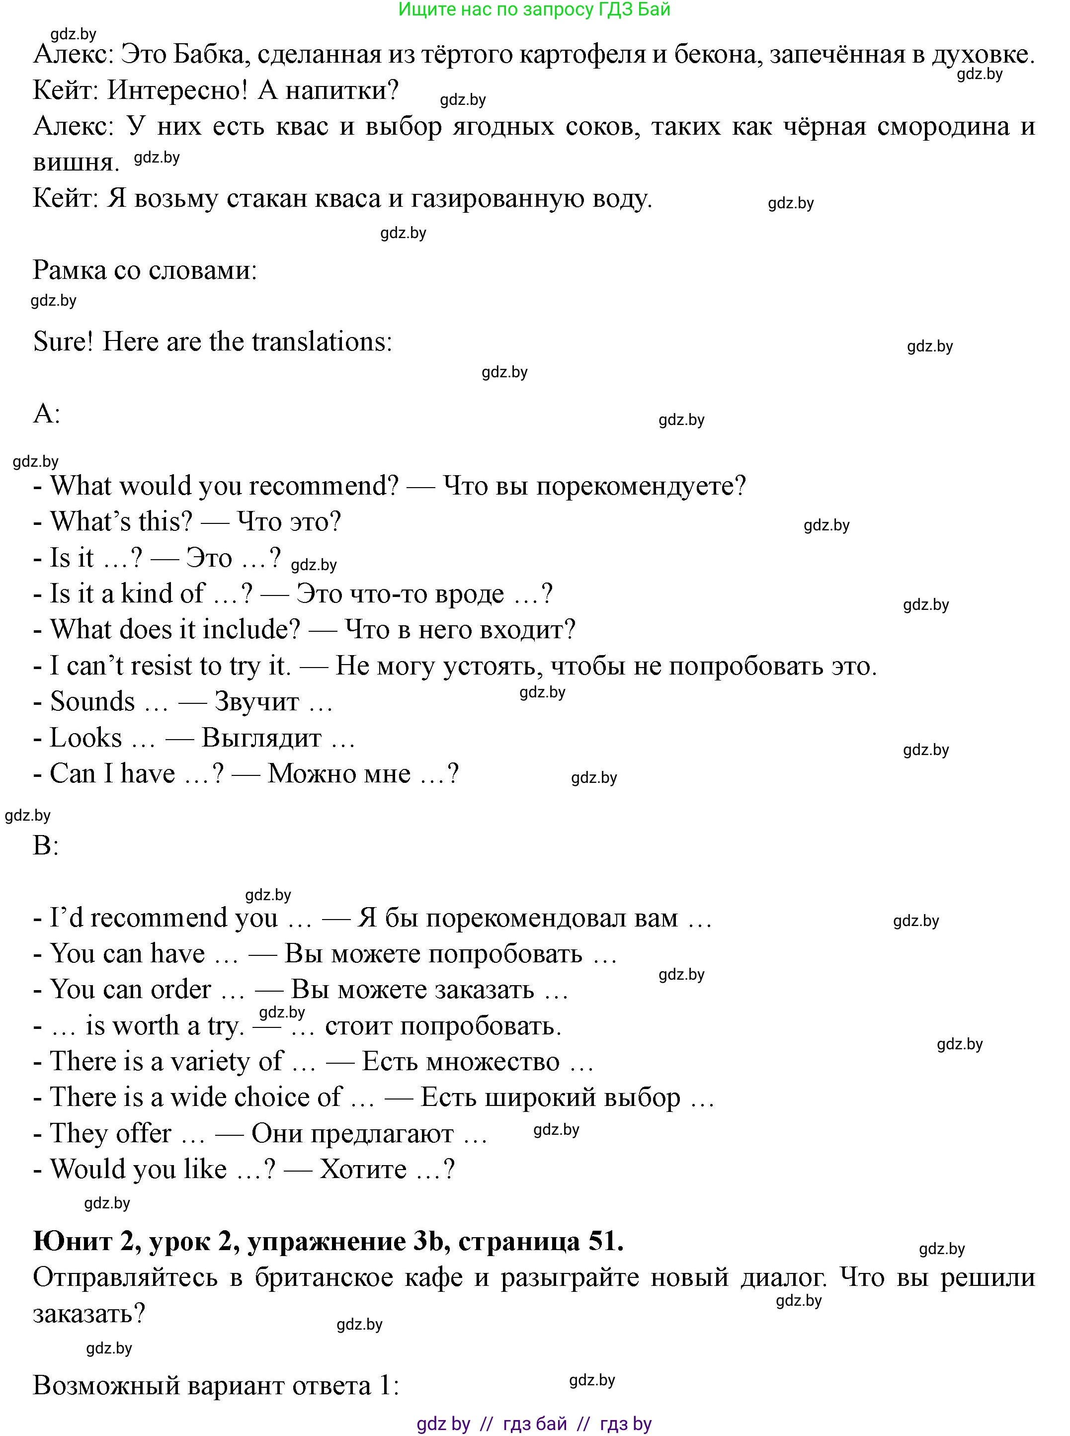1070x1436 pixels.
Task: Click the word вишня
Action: (76, 162)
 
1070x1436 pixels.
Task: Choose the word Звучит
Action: (256, 701)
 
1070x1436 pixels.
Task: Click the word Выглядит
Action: (262, 738)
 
